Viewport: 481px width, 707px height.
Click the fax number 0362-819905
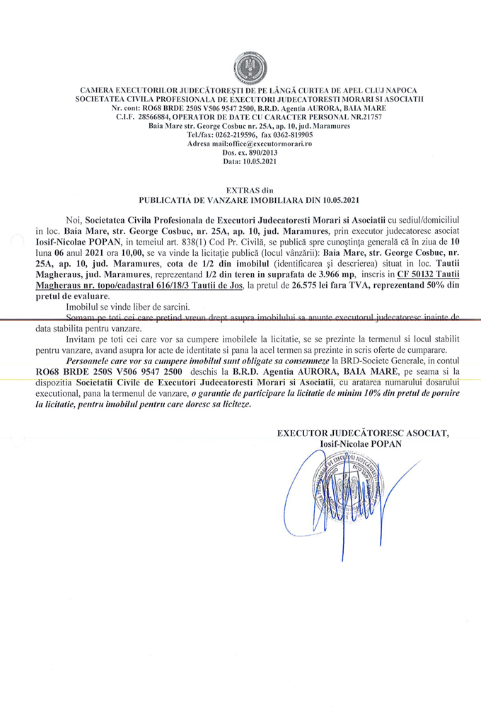point(290,134)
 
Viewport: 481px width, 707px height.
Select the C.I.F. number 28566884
point(161,117)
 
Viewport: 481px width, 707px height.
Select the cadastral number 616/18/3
point(180,285)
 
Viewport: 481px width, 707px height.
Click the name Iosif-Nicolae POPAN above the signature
point(360,443)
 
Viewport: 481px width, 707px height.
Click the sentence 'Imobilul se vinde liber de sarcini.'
point(117,309)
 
